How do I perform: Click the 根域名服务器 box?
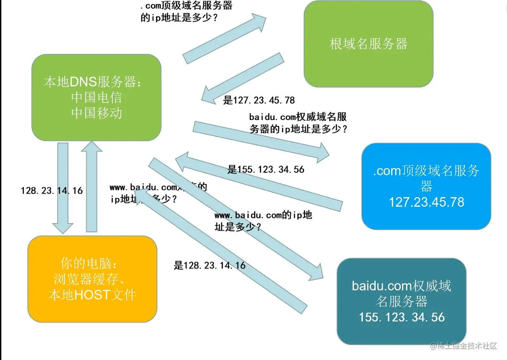point(368,43)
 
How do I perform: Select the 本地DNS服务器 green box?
point(97,97)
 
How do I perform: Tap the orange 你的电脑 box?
point(92,279)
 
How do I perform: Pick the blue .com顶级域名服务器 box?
point(426,186)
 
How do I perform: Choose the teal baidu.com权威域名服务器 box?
point(401,301)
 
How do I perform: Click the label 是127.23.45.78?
point(259,100)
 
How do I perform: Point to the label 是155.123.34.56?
point(266,170)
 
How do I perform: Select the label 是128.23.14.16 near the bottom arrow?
point(210,266)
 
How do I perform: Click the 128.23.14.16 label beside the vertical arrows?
point(52,191)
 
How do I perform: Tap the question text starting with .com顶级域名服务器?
point(186,12)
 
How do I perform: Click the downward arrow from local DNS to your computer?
point(63,188)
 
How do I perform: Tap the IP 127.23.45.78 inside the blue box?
point(426,202)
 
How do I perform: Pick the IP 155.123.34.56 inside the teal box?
point(402,317)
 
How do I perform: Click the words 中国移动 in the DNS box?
point(97,113)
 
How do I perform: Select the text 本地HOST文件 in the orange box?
point(92,295)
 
